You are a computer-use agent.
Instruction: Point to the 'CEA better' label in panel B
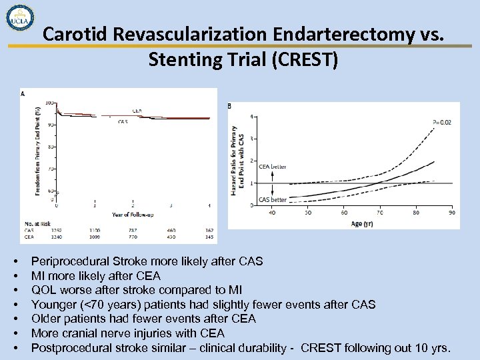click(273, 167)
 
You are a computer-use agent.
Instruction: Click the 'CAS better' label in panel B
click(273, 199)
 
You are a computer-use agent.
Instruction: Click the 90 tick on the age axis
click(452, 213)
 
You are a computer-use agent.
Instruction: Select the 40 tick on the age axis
click(272, 213)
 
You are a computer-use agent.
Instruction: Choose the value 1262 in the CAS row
click(57, 230)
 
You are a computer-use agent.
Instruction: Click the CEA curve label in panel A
click(136, 111)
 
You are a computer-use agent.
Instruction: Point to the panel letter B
click(229, 106)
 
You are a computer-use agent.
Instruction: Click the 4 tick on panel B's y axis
click(251, 117)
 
